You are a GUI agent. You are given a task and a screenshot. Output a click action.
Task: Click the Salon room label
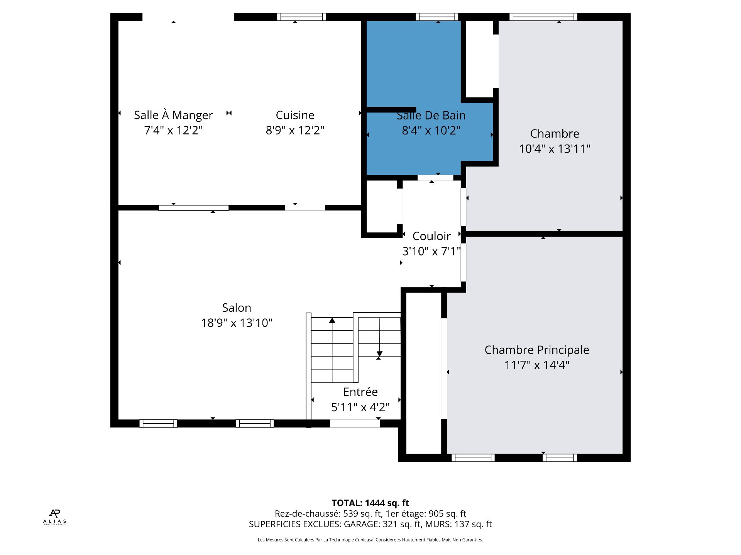[x=237, y=308]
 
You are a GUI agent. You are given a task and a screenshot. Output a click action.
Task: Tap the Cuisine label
[x=295, y=115]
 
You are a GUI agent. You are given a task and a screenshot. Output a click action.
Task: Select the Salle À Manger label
[x=173, y=115]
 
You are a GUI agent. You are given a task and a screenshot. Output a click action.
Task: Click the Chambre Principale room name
[x=537, y=350]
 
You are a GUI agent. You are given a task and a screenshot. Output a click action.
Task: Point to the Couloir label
[x=431, y=236]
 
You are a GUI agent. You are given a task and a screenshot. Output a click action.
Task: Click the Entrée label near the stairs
[x=360, y=392]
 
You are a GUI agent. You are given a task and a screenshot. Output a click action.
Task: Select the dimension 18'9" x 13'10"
[x=237, y=323]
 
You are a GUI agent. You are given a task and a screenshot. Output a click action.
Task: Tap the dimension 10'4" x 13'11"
[x=555, y=148]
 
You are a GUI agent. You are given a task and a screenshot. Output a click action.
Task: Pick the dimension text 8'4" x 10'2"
[x=431, y=130]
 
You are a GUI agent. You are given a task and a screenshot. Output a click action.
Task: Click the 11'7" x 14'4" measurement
[x=537, y=365]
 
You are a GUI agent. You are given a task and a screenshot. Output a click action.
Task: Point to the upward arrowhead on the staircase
[x=332, y=320]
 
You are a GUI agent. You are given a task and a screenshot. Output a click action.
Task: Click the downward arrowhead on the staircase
[x=379, y=354]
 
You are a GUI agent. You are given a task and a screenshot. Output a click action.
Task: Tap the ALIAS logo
[x=54, y=517]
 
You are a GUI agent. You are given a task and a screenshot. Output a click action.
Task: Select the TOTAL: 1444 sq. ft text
[x=370, y=503]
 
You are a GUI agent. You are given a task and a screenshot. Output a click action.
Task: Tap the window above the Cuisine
[x=301, y=17]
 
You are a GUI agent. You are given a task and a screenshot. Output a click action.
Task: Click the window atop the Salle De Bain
[x=437, y=17]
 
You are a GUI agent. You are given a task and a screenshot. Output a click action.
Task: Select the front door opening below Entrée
[x=355, y=423]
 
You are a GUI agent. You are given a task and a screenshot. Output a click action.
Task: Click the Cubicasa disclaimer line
[x=370, y=540]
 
